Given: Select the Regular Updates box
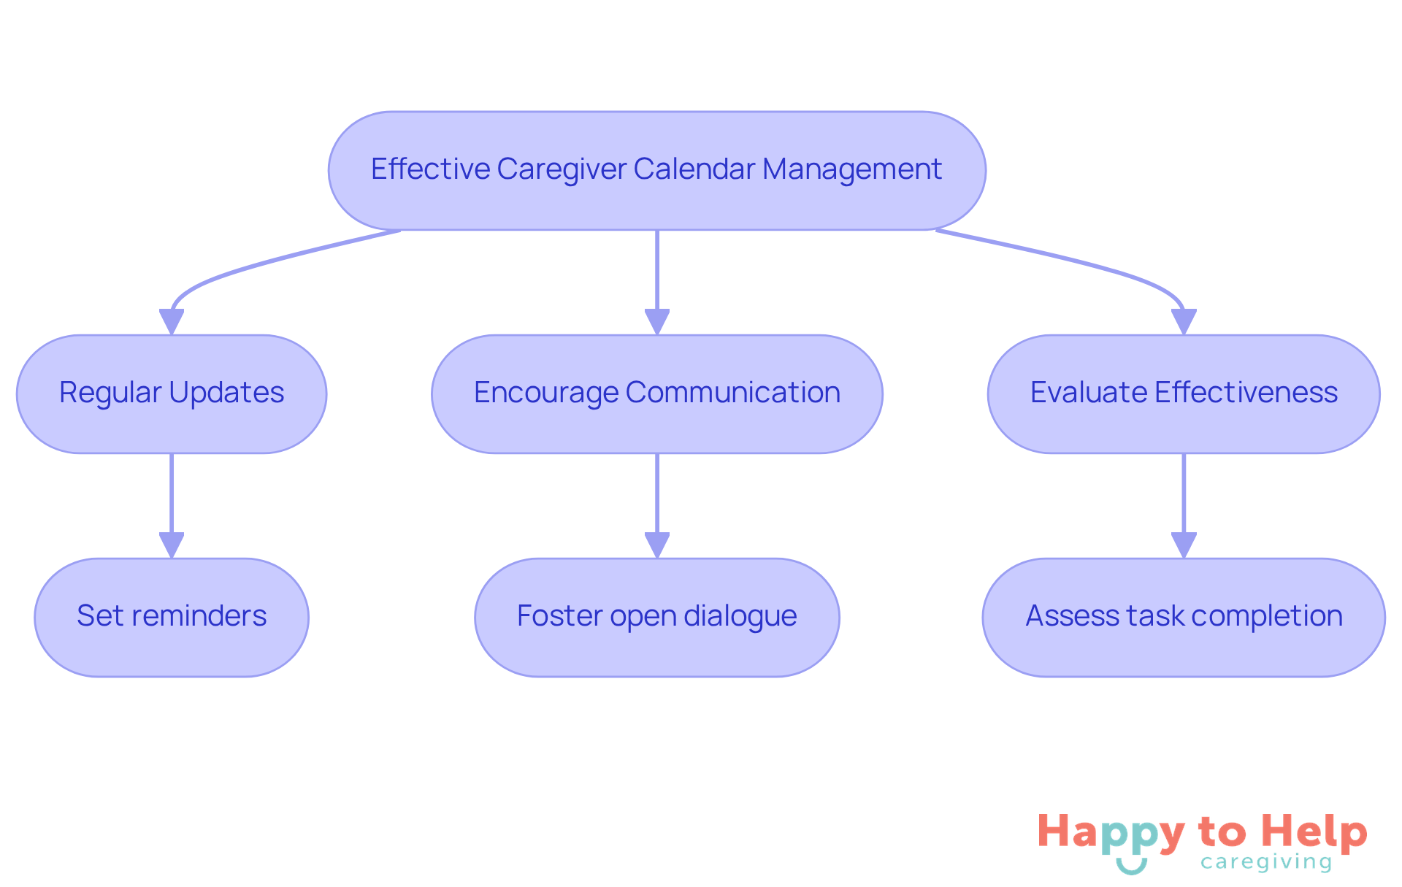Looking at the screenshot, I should click(x=172, y=394).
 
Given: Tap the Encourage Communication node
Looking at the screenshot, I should click(x=656, y=394).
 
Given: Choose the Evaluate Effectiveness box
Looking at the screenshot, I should click(x=1183, y=394).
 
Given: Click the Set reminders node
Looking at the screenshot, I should click(x=172, y=618).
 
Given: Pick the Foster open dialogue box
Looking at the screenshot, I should click(x=656, y=618).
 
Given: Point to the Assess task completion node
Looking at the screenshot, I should click(x=1183, y=618).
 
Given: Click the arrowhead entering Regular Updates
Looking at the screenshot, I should click(x=172, y=322).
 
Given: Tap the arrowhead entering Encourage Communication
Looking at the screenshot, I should click(x=656, y=322).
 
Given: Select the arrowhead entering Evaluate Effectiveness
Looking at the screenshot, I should click(x=1183, y=322).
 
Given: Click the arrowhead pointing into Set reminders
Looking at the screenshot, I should click(x=172, y=545).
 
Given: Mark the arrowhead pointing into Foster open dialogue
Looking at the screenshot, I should click(x=656, y=545).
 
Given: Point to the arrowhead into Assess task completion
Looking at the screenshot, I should click(x=1183, y=545).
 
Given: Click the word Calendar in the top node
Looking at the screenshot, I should click(x=694, y=169).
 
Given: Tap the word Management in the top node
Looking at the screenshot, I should click(x=851, y=169).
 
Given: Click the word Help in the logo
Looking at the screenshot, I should click(x=1314, y=832).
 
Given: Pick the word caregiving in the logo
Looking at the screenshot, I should click(x=1266, y=863).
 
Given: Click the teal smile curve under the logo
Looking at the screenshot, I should click(x=1131, y=867).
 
